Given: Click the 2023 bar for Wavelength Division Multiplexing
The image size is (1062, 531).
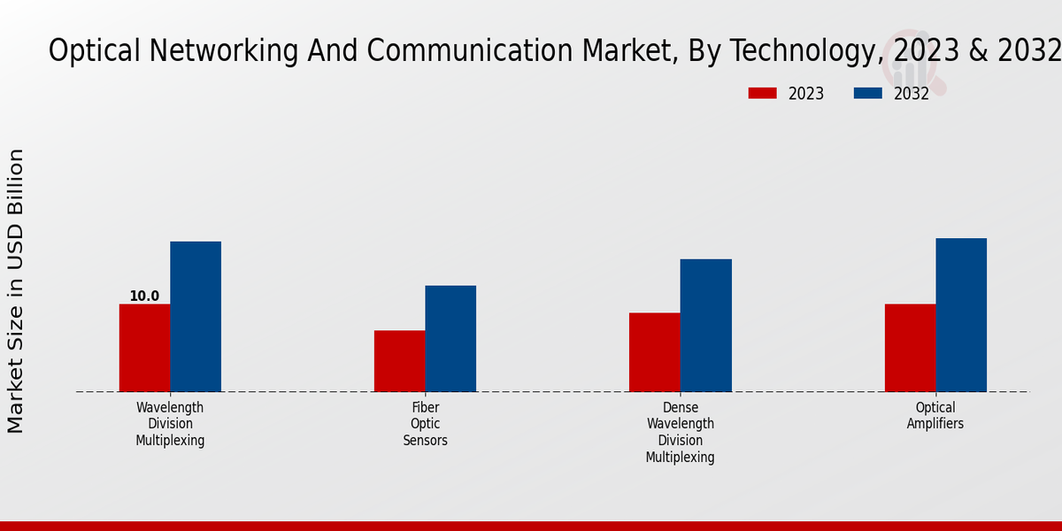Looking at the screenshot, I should [x=144, y=348].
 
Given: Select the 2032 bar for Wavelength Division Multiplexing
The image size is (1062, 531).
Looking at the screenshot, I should [x=196, y=317].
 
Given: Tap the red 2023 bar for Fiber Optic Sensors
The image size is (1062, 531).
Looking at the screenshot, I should [x=399, y=361].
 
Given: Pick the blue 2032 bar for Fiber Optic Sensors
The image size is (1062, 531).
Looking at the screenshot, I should [x=450, y=339].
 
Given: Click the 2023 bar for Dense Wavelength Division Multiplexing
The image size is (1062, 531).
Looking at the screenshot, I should [x=655, y=352].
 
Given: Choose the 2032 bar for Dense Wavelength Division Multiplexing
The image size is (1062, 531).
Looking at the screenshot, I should [x=706, y=326].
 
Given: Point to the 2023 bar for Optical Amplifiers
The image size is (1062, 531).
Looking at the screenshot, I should [x=910, y=348].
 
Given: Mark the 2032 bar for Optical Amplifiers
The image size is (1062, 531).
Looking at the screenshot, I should [x=961, y=315].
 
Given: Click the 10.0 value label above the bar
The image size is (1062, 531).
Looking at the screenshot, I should [x=144, y=296].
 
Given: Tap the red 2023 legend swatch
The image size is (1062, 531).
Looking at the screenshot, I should [x=762, y=93].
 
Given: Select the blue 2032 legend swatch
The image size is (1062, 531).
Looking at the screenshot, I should [x=867, y=93].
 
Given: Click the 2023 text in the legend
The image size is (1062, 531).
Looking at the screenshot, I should [x=806, y=94].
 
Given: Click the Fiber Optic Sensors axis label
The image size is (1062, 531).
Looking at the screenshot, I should [x=426, y=424].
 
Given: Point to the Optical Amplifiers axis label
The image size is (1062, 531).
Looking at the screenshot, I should [x=935, y=416].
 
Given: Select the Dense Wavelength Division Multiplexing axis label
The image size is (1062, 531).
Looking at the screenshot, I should [x=680, y=433].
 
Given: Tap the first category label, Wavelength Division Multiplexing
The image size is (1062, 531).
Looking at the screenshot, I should [x=170, y=424].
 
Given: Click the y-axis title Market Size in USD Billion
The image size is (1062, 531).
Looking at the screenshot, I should [x=16, y=291].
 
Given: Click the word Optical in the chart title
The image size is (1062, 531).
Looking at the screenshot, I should [x=94, y=51].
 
